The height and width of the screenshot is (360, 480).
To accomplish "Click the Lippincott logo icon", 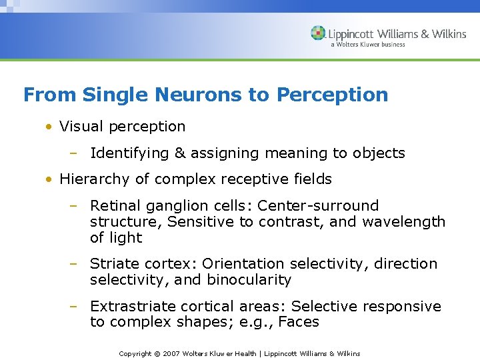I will point(318,33).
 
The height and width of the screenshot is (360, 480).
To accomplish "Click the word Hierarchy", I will point(93,179).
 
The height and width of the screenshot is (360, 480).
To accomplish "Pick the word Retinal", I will point(113,206).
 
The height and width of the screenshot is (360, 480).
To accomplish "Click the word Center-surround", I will point(318,206).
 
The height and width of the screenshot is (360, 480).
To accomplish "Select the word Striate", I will point(113,264).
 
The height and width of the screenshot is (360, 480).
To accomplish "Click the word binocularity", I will point(249,280).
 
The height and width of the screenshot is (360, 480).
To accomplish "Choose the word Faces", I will point(299,323).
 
